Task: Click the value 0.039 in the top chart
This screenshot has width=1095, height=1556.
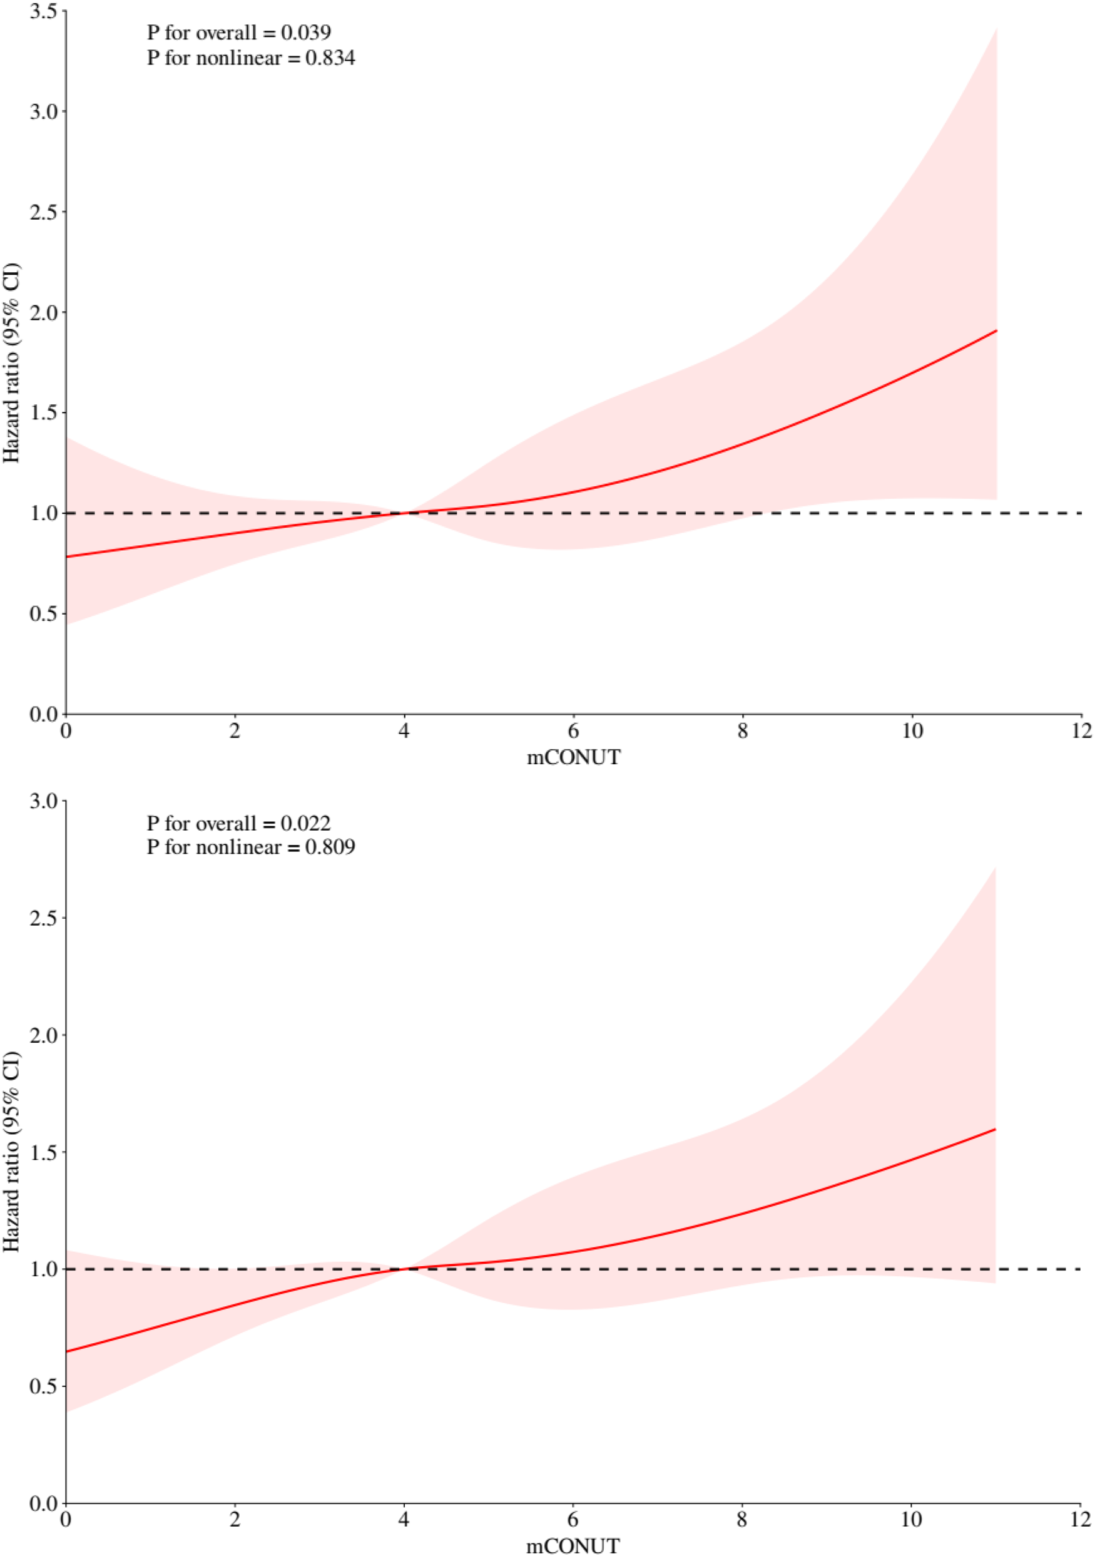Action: point(305,33)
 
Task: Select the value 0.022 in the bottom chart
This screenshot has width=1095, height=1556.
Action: point(305,824)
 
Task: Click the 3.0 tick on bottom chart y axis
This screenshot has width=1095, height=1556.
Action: point(43,801)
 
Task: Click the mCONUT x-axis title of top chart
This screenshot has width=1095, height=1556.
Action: point(573,757)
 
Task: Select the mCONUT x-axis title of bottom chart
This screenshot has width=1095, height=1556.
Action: point(573,1546)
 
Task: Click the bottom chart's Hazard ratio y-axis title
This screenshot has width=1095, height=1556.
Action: point(11,1152)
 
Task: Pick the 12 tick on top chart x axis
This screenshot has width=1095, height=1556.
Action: point(1081,731)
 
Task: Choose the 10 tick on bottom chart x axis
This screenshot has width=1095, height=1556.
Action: point(912,1520)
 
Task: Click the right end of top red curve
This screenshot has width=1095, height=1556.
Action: point(996,330)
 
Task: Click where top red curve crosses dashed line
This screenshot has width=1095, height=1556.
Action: point(405,513)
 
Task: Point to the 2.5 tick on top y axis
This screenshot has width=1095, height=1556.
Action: point(43,212)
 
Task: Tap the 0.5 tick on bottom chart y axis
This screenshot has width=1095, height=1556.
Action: point(43,1386)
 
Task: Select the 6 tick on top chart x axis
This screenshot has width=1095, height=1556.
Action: point(573,731)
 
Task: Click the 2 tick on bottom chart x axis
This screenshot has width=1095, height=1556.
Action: point(235,1520)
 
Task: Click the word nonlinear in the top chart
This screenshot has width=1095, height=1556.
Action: point(238,58)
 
